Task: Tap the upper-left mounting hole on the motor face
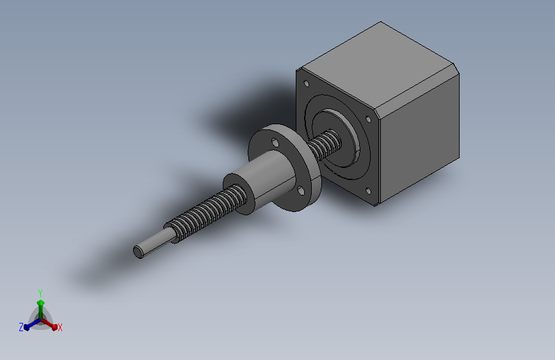(x=307, y=84)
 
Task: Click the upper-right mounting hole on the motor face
(x=368, y=119)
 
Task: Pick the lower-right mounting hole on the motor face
(x=368, y=192)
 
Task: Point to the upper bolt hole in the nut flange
(x=275, y=142)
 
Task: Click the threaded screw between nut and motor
(x=324, y=145)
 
